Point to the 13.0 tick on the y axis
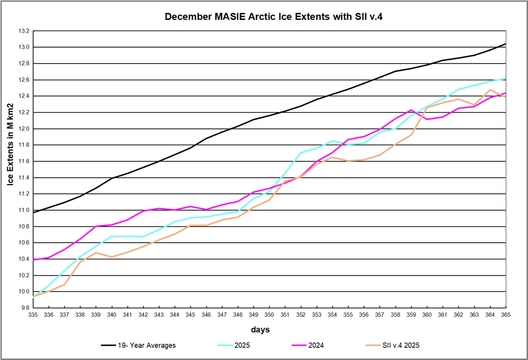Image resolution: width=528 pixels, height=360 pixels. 24,47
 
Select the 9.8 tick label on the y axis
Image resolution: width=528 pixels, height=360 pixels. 24,308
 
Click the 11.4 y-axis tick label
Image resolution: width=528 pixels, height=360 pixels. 24,178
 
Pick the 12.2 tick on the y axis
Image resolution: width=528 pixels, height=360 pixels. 24,113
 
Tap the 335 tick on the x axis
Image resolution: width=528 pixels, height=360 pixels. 34,315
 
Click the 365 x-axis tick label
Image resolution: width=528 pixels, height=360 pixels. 505,315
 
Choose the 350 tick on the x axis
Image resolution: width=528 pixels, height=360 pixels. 269,315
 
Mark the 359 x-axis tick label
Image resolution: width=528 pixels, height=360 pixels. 411,315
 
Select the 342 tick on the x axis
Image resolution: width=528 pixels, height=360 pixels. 144,315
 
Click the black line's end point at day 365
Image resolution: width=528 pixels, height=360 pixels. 505,44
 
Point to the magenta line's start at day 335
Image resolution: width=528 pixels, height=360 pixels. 34,259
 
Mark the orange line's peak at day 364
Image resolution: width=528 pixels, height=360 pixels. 490,90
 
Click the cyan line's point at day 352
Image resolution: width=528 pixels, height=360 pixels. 301,153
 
